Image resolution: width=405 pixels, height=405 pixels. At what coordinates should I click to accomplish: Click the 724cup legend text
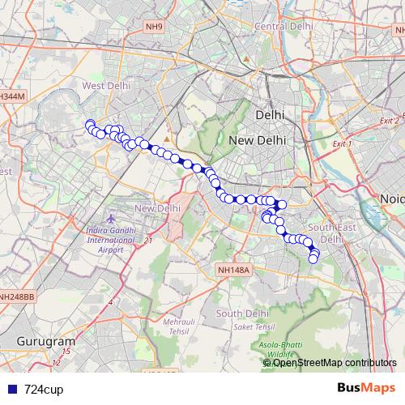coord(44,390)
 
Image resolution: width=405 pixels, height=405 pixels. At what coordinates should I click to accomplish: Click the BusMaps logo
coord(365,389)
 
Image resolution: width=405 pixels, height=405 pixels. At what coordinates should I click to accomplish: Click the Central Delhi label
coord(283,26)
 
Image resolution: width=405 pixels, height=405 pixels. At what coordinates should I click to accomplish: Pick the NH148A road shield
coord(235,270)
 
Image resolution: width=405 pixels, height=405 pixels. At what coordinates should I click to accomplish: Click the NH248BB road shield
coord(17,297)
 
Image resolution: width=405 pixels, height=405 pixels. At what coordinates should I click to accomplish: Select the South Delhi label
coord(241,313)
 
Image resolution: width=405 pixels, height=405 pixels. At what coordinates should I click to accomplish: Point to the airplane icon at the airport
coord(112,220)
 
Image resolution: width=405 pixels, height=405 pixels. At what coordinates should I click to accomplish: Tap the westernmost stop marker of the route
coord(90,124)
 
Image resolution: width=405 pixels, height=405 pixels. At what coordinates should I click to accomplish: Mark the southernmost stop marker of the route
coord(313,259)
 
